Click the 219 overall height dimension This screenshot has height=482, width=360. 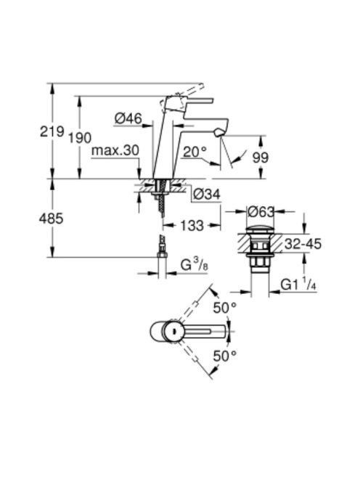point(52,132)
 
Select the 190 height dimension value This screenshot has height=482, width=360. point(80,138)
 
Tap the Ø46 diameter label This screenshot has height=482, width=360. point(128,118)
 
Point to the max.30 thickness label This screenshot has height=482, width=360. point(115,151)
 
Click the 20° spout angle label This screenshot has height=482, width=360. point(195,152)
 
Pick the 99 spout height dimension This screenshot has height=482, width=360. point(260,158)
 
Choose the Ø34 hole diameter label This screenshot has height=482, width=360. point(207,195)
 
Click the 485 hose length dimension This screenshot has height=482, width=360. point(51,218)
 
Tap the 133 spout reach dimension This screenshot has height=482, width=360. point(192,226)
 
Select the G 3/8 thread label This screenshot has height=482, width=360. point(194,265)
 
